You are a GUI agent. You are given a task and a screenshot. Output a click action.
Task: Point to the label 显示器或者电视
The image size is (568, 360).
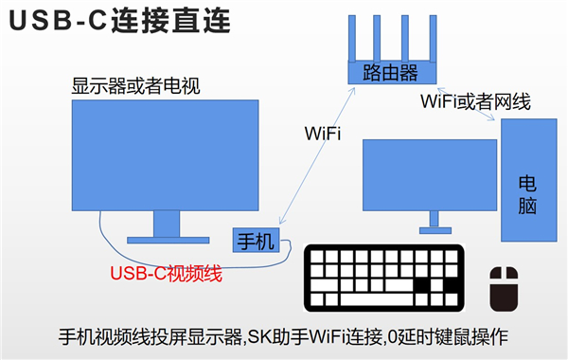(x=137, y=85)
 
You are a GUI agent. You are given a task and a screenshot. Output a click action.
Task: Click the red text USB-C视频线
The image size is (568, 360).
(x=166, y=275)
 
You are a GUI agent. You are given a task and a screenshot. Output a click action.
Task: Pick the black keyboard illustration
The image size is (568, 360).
(x=383, y=279)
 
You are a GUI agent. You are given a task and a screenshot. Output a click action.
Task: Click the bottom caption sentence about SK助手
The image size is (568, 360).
(x=284, y=335)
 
